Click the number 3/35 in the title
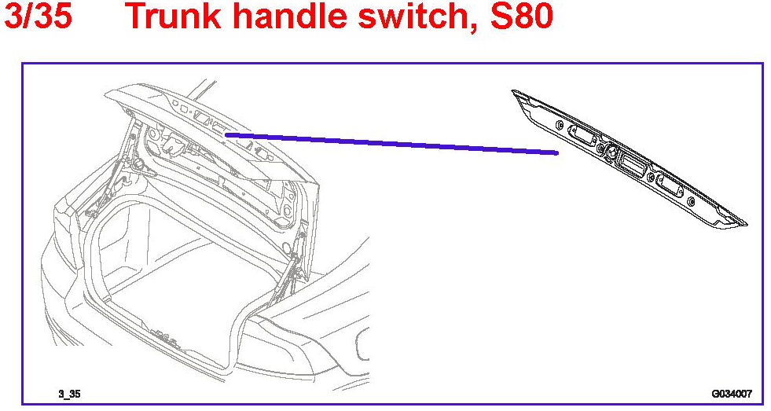tap(38, 17)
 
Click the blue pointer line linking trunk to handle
tap(393, 143)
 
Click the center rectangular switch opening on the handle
tap(631, 164)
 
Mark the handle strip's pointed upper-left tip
tap(515, 93)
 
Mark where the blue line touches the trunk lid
tap(228, 134)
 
